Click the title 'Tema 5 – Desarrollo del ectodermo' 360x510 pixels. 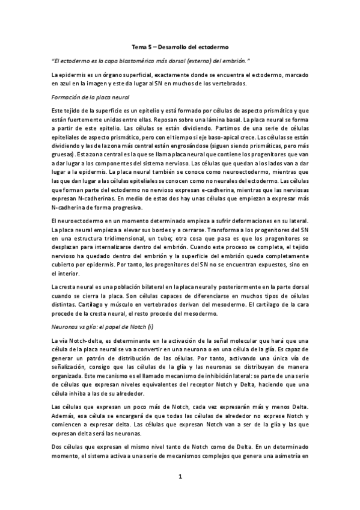coord(180,46)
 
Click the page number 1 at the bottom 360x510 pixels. coord(180,478)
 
